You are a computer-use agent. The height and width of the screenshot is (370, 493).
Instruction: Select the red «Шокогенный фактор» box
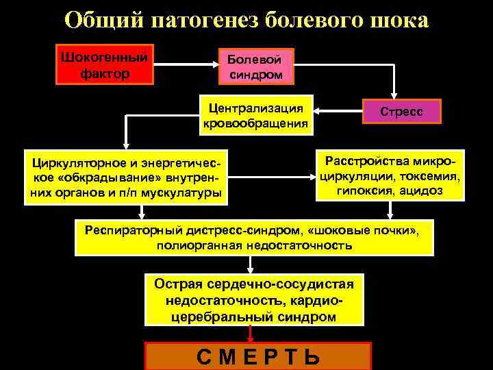click(105, 64)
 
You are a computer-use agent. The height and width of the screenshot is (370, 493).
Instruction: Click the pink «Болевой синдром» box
click(255, 66)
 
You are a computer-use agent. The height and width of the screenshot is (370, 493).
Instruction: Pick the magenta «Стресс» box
click(402, 111)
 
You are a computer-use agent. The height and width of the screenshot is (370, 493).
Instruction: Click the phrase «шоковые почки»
click(379, 229)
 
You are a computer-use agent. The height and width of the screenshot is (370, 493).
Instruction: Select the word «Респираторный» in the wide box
click(126, 229)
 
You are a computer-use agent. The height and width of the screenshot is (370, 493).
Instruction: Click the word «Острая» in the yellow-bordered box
click(177, 284)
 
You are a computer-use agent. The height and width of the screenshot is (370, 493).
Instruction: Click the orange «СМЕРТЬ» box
click(257, 357)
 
